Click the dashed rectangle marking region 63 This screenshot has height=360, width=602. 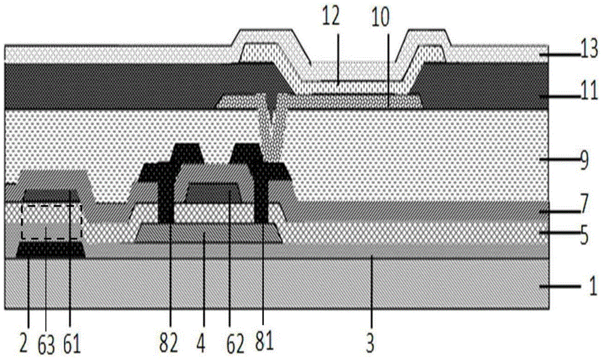pyautogui.click(x=51, y=222)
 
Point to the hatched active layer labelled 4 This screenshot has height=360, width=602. pyautogui.click(x=208, y=233)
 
